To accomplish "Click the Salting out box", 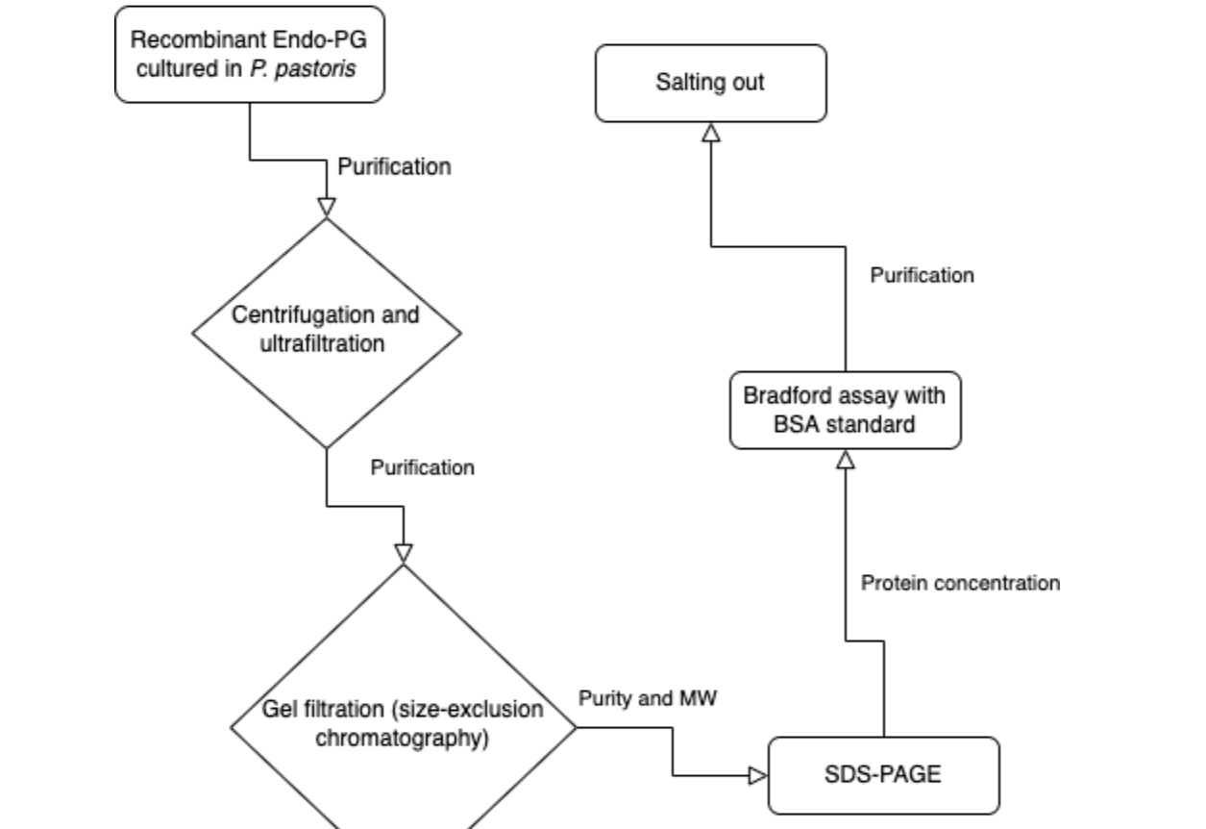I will click(x=710, y=83).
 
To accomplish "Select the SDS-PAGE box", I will click(x=883, y=774).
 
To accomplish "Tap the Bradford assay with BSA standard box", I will click(x=845, y=410).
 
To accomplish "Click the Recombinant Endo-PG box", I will click(x=249, y=54).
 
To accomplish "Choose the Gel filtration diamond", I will click(x=403, y=724).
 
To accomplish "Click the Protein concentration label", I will click(x=960, y=583).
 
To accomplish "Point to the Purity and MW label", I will click(x=648, y=699).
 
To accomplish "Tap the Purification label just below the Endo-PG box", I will click(x=394, y=166).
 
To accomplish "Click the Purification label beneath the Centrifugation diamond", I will click(x=422, y=467).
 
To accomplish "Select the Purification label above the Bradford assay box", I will click(x=922, y=275).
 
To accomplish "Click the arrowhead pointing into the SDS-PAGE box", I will click(x=758, y=775).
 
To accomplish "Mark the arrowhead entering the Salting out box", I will click(x=711, y=133).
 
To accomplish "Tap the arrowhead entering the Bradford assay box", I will click(x=846, y=460).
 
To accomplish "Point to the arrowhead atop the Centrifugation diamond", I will click(x=327, y=208).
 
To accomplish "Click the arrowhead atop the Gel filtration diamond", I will click(x=404, y=553).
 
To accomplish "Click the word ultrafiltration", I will click(x=322, y=343).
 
